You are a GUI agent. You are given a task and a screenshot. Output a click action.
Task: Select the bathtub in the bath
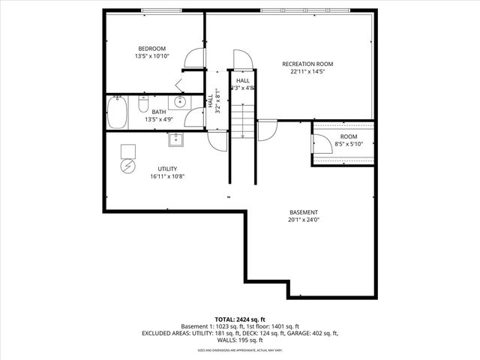117,113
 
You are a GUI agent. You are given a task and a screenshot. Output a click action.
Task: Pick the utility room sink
176,138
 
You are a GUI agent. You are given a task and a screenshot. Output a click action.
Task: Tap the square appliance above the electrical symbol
127,148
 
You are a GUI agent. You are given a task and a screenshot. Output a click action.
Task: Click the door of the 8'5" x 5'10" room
320,143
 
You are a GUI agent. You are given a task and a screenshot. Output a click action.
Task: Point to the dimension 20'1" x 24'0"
304,220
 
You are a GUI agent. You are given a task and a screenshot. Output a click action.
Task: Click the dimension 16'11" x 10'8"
166,177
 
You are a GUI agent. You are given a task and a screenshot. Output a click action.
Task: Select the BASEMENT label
304,212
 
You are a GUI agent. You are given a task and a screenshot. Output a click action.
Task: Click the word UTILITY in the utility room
166,169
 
